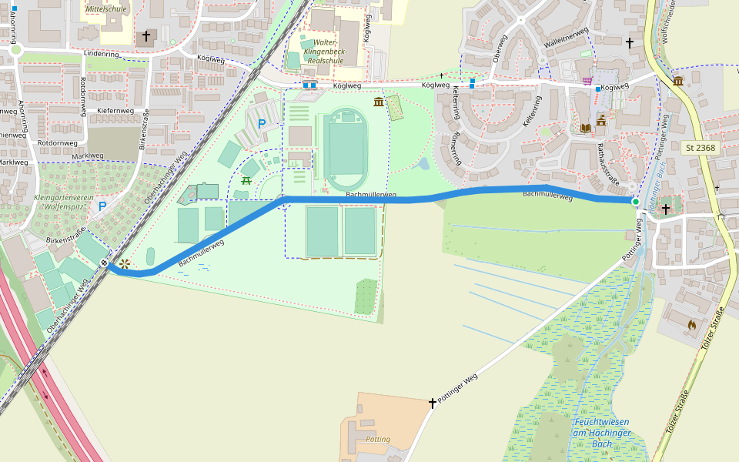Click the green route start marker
[x=635, y=203]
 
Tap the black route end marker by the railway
[x=104, y=263]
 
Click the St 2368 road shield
[x=700, y=147]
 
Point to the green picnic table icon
[x=247, y=180]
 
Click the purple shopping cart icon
[x=588, y=81]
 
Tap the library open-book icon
[x=585, y=127]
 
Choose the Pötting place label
[x=379, y=440]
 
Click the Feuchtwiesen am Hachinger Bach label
[x=601, y=433]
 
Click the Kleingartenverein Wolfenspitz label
[x=63, y=202]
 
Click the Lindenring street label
[x=101, y=55]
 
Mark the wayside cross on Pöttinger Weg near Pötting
[x=433, y=403]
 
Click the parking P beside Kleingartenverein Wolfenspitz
[x=102, y=206]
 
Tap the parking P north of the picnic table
[x=261, y=124]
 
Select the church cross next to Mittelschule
[x=146, y=36]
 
